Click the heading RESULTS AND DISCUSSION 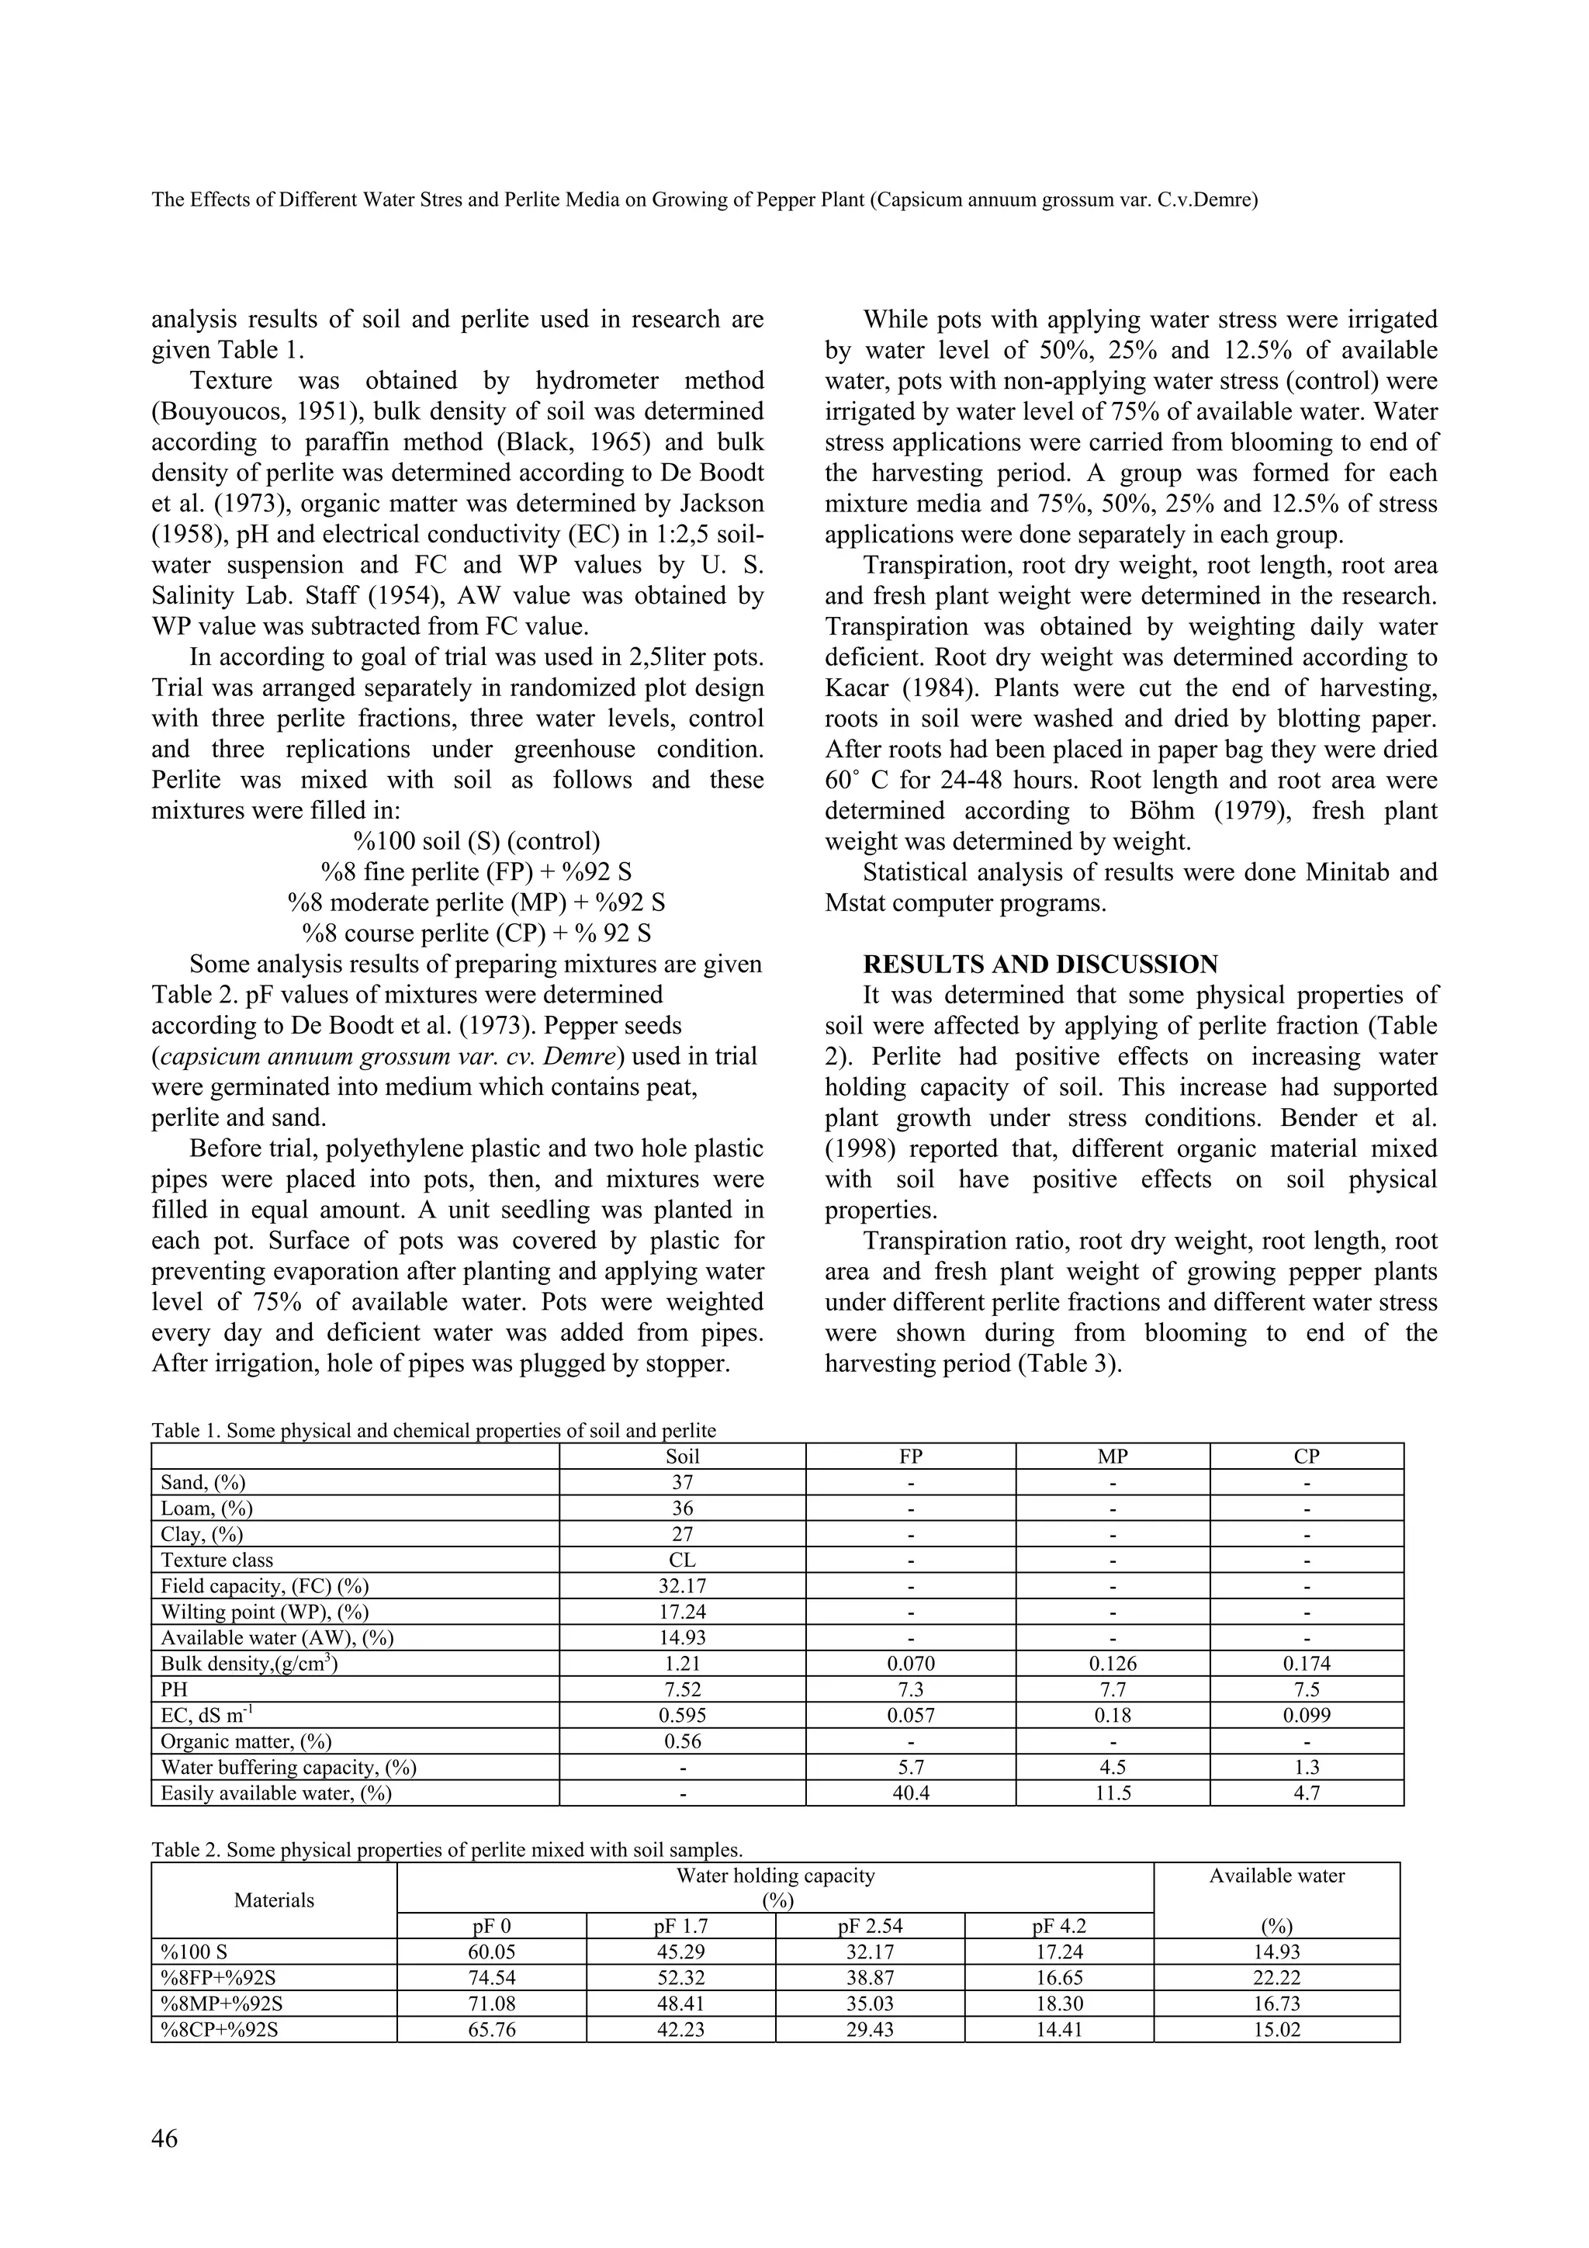pyautogui.click(x=1040, y=965)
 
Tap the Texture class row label pyautogui.click(x=216, y=1560)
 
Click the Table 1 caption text pyautogui.click(x=433, y=1430)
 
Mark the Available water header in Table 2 pyautogui.click(x=1276, y=1876)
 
